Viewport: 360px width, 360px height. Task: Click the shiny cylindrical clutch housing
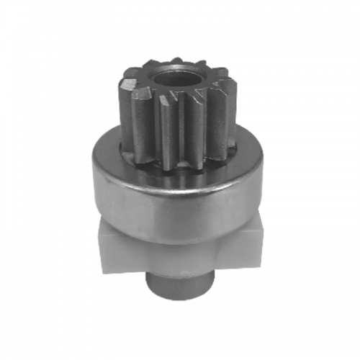176,194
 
